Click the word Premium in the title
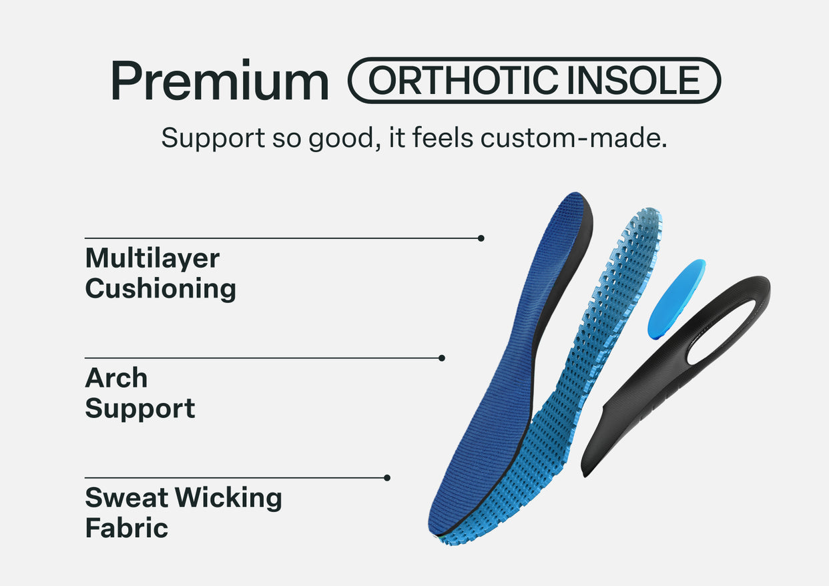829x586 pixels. point(220,80)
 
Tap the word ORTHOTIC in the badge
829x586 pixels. point(463,80)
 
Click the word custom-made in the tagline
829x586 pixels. point(573,137)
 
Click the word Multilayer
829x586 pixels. point(152,258)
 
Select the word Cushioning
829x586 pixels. point(161,288)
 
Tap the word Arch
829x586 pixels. point(116,378)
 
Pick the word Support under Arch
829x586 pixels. point(140,409)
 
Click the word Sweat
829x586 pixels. point(127,498)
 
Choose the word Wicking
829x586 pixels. point(228,499)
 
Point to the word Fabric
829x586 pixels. point(127,528)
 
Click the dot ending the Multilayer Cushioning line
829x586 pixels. point(481,238)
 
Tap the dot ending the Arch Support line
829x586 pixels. point(441,358)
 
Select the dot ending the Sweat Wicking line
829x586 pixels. point(387,478)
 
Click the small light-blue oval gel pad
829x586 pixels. point(675,299)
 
